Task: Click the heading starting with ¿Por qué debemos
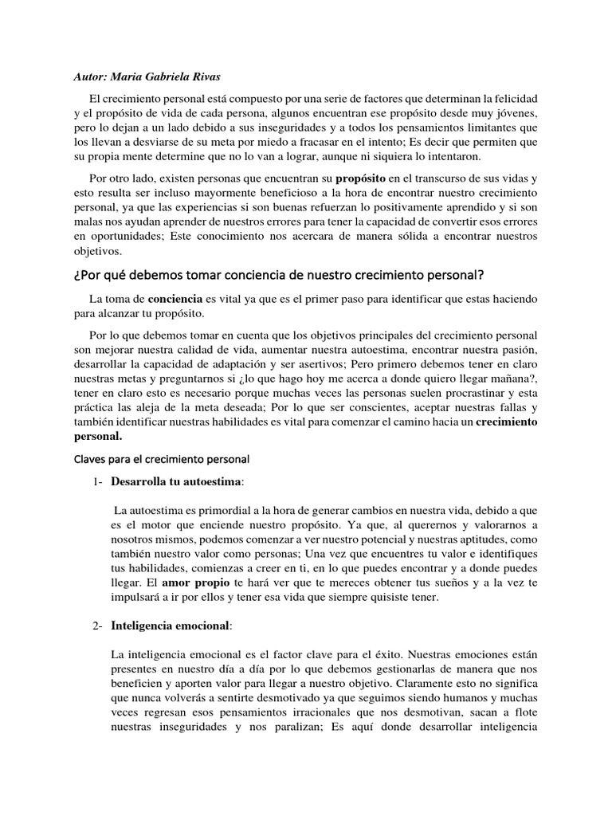(x=278, y=276)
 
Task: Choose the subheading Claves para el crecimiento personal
(x=162, y=459)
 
